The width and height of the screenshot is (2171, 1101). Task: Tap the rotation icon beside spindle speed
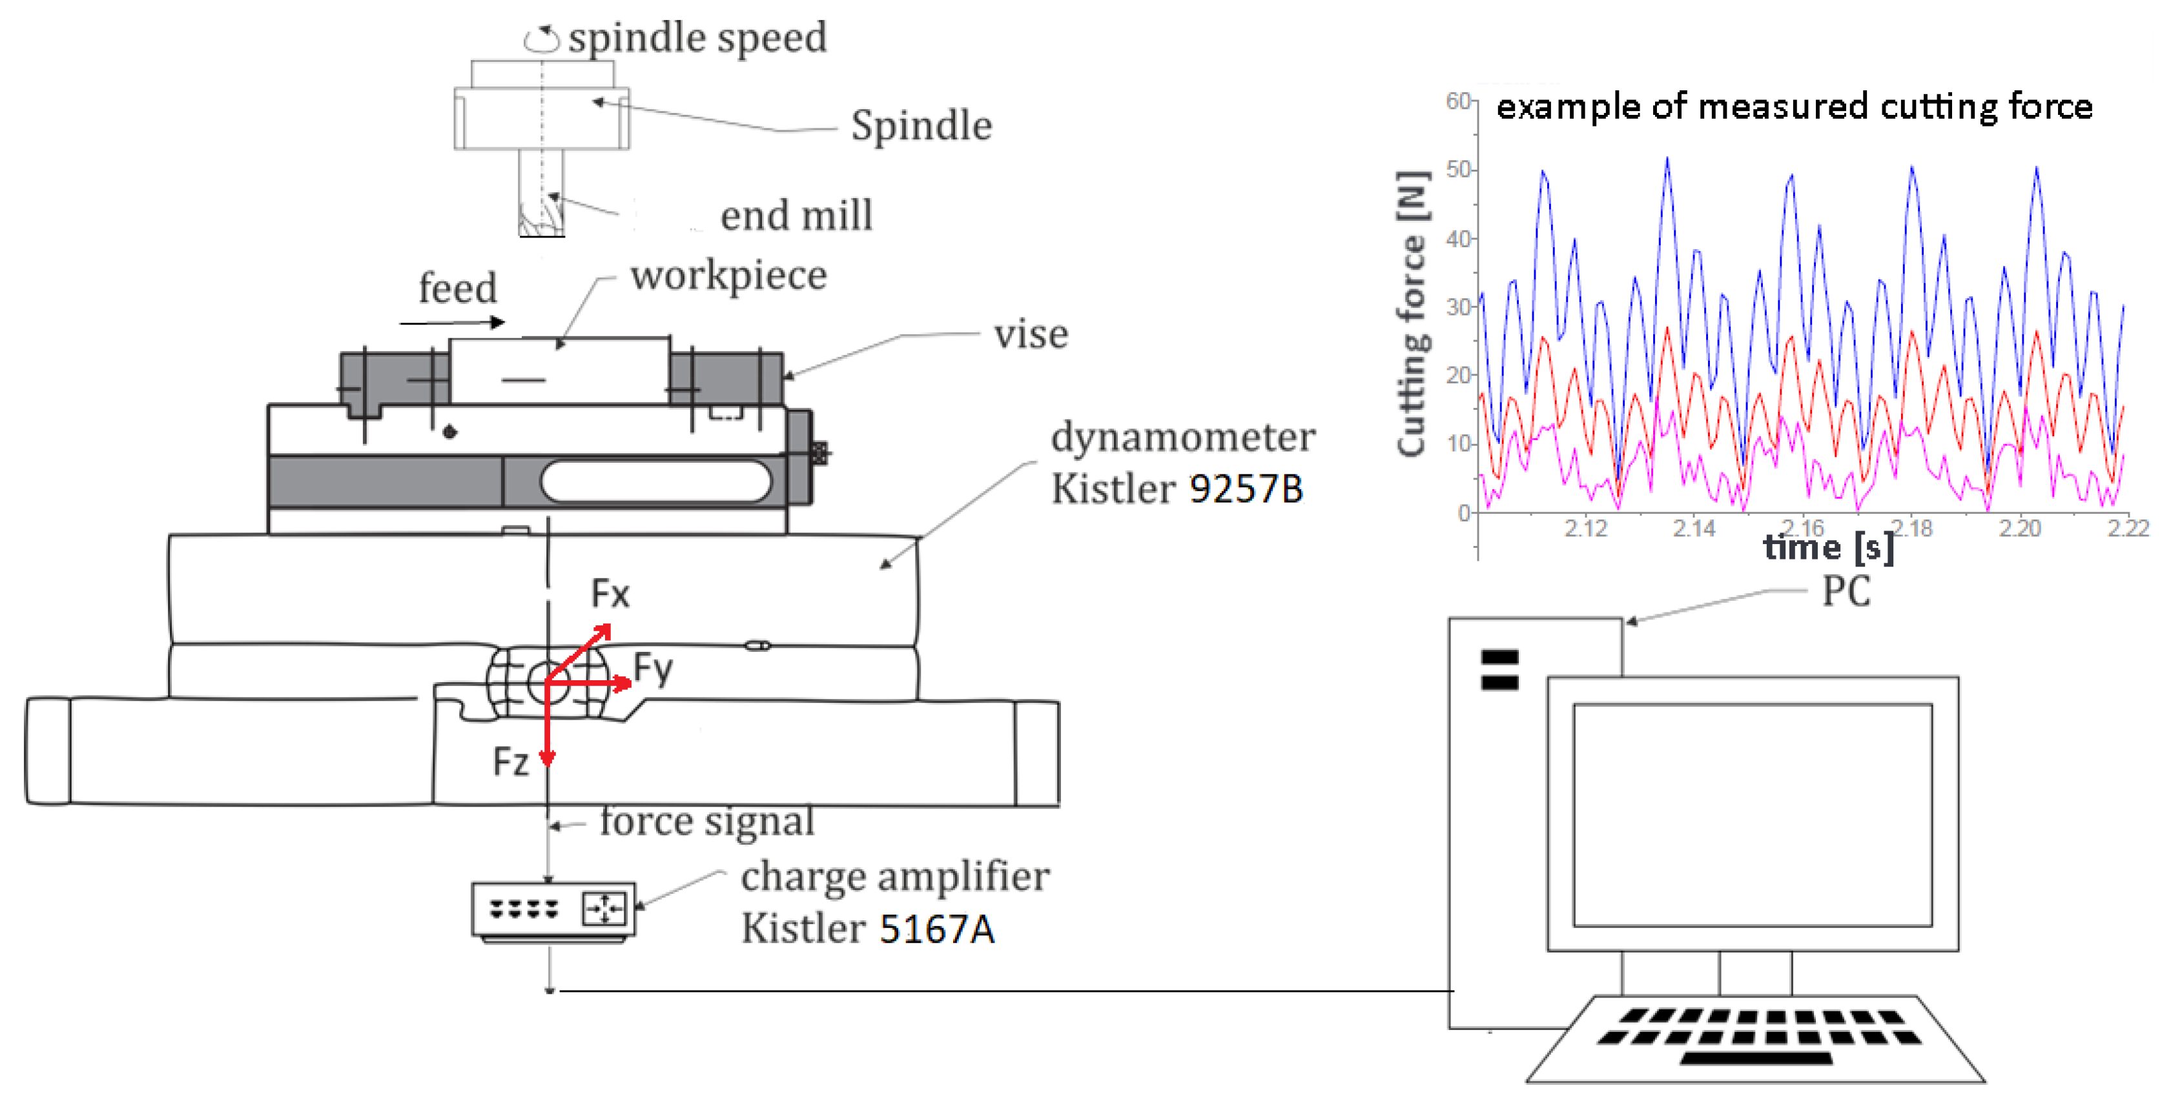[541, 39]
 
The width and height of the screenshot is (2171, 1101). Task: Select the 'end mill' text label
[796, 216]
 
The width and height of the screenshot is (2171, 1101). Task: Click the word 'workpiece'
[728, 276]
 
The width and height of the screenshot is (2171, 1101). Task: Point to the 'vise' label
[1030, 334]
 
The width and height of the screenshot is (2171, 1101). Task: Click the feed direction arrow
[452, 322]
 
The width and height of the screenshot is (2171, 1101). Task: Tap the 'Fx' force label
[610, 594]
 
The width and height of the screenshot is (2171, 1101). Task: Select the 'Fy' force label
[653, 669]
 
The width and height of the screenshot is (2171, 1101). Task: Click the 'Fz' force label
[511, 762]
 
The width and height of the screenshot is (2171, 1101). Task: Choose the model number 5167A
[937, 929]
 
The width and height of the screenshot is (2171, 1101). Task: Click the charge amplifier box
[553, 910]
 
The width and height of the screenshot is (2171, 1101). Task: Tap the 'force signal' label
[706, 822]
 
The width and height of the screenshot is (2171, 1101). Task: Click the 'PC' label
[1846, 591]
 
